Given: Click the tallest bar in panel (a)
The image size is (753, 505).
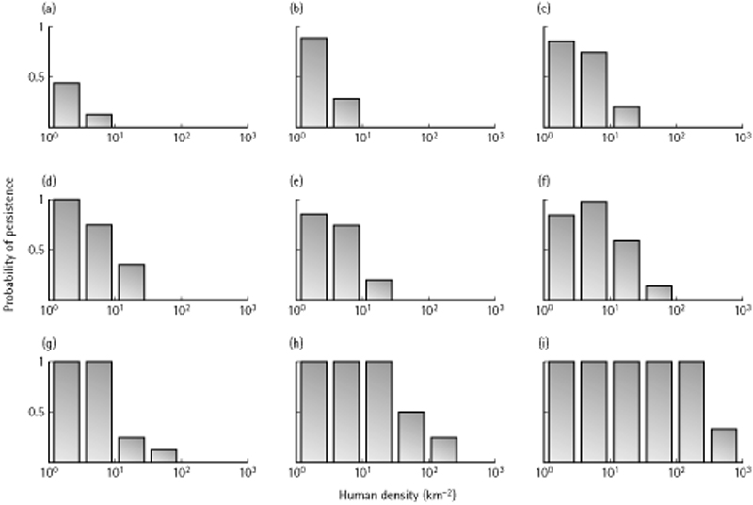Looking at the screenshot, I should pos(66,105).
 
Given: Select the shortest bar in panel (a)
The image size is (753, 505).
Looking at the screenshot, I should pos(99,121).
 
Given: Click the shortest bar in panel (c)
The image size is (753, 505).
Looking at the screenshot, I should pos(626,117).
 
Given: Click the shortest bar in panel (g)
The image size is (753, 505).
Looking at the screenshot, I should pos(165,456).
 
